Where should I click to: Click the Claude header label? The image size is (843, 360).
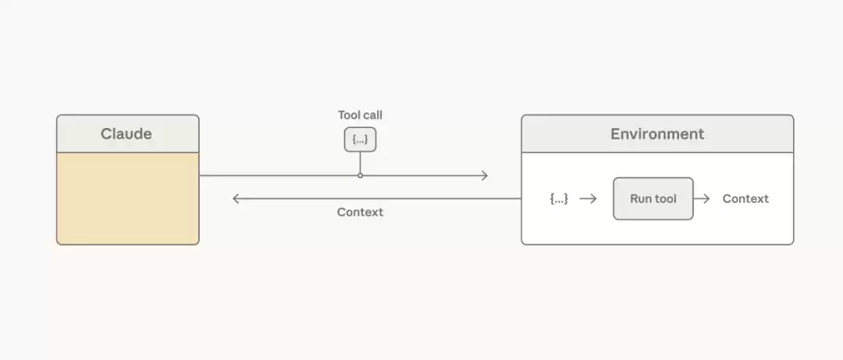pos(126,134)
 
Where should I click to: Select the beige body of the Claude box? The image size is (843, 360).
pos(128,198)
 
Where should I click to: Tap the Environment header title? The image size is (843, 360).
pos(657,134)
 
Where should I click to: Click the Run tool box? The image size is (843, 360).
pos(653,198)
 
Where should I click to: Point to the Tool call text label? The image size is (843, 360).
pos(360,115)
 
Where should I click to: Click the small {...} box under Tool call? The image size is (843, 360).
pos(360,140)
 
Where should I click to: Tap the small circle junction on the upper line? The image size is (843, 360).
pos(360,176)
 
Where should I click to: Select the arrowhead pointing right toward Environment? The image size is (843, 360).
pos(485,176)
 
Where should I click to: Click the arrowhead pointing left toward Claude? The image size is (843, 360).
pos(236,198)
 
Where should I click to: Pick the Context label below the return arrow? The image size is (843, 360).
pos(360,212)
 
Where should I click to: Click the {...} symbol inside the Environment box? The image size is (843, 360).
pos(559,198)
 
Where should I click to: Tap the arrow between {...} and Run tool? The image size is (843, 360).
pos(589,198)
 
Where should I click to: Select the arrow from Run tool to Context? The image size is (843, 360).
pos(702,198)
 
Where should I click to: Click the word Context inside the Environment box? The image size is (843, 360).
pos(745,198)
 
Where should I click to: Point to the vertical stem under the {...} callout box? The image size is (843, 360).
pos(360,162)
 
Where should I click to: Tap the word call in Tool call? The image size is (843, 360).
pos(373,115)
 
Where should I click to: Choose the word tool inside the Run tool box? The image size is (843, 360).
pos(665,198)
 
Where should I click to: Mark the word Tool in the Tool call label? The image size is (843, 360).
pos(349,115)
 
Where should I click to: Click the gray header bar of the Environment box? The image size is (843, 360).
pos(657,134)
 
